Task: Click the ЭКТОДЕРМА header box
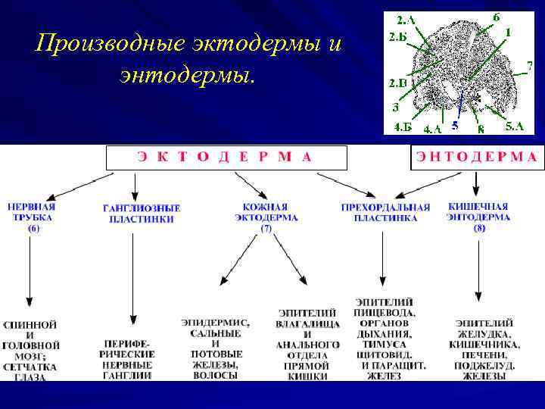click(225, 158)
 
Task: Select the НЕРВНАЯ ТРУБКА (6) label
click(33, 217)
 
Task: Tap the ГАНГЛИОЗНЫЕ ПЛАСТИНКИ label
click(142, 214)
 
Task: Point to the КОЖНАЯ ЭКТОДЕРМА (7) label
click(266, 217)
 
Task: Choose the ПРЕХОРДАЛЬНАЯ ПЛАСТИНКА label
click(385, 213)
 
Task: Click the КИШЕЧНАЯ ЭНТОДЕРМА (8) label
click(479, 217)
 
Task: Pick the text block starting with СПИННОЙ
click(30, 351)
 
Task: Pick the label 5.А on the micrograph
click(515, 126)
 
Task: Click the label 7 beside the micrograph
click(529, 65)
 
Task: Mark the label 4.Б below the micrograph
click(403, 126)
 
